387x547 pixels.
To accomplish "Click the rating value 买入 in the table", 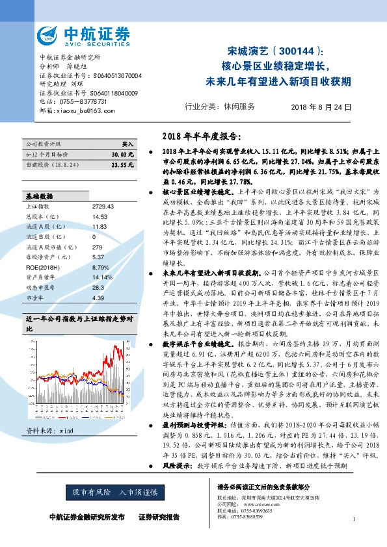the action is [127, 144].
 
